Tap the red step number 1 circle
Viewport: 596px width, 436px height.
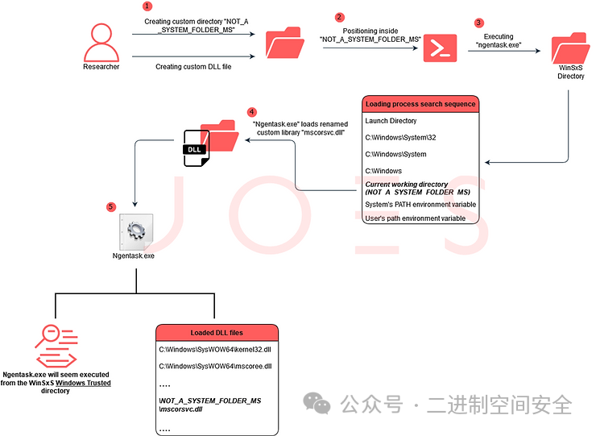(x=147, y=6)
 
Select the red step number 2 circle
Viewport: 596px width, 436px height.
(x=339, y=16)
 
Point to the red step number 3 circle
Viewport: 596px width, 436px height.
(x=479, y=23)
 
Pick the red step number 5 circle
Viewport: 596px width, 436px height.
(x=110, y=206)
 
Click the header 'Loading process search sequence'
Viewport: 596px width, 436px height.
(x=420, y=104)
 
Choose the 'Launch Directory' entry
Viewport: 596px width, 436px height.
(x=391, y=121)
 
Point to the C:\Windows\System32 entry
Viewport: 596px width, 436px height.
(x=400, y=138)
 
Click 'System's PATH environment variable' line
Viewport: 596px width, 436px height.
(x=420, y=205)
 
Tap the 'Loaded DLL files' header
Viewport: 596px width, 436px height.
(x=217, y=332)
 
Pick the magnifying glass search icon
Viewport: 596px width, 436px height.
(x=53, y=342)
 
